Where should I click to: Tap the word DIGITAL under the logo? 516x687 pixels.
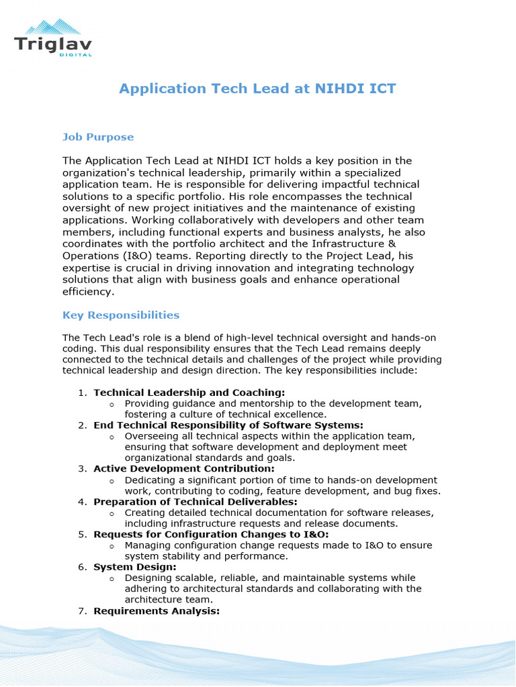tap(75, 55)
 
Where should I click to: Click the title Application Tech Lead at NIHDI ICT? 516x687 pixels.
tap(257, 89)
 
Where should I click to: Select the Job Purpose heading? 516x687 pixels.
tap(98, 137)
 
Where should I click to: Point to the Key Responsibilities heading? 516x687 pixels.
tap(121, 315)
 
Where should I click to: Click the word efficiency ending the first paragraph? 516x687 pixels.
tap(89, 292)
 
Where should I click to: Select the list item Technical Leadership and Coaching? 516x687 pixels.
tap(189, 392)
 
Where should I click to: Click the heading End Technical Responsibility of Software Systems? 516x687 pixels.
tap(228, 425)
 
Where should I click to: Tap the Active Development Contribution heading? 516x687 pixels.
tap(184, 468)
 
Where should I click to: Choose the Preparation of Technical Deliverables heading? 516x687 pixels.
tap(196, 501)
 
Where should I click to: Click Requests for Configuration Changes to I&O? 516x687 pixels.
tap(211, 534)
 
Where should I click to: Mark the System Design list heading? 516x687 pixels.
tap(135, 567)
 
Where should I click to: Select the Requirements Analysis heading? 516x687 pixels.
tap(157, 611)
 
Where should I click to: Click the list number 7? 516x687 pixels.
tap(81, 611)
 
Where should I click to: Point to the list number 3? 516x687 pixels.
tap(81, 468)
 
